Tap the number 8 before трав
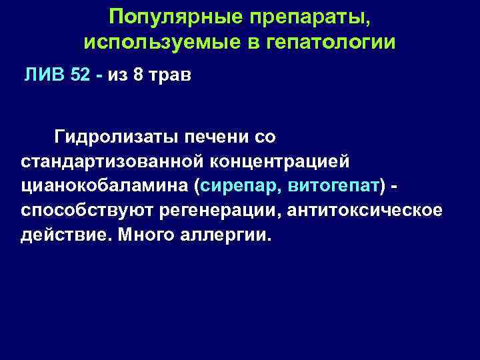(x=138, y=74)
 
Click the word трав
(x=169, y=74)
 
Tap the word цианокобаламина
(x=104, y=187)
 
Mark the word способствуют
(x=89, y=211)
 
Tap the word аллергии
(x=219, y=237)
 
